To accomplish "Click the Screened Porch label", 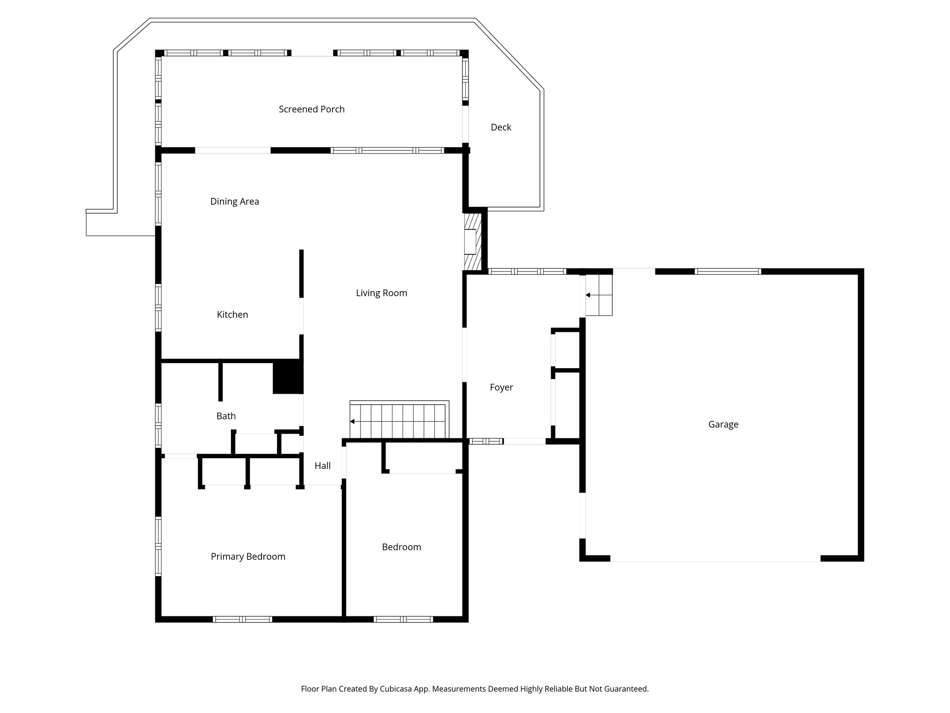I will (x=311, y=109).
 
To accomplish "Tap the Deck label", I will (x=501, y=127).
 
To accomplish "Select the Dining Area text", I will (x=234, y=201).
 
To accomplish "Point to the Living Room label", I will (x=381, y=293).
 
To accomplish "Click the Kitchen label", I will (x=232, y=315).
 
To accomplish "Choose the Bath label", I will (x=226, y=416).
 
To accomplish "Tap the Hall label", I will (x=322, y=466).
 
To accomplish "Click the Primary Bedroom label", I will (x=248, y=557).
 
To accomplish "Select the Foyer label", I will (x=501, y=387).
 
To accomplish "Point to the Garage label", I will (x=723, y=424).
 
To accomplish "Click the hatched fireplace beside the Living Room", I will (x=473, y=241).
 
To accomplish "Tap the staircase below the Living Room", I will (x=399, y=421).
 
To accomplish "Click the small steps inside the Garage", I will (x=599, y=295).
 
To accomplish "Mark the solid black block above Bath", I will (x=288, y=377).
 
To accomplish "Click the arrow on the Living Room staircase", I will (x=353, y=421).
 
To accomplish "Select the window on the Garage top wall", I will (x=728, y=272).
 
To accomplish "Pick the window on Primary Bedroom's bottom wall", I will (x=242, y=619).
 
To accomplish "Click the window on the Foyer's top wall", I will (x=527, y=272).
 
